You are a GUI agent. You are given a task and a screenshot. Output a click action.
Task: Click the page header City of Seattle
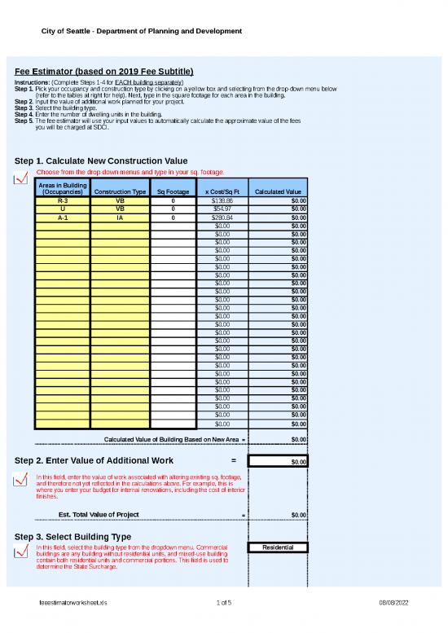tap(142, 31)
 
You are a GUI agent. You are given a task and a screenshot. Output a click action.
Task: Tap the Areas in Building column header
tap(63, 188)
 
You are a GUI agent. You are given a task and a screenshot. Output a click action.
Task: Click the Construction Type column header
tap(120, 191)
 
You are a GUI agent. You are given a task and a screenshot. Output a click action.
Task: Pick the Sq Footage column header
tap(173, 191)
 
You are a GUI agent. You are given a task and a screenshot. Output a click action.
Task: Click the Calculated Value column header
tap(279, 191)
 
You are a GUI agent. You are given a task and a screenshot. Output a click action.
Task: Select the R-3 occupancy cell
tap(63, 200)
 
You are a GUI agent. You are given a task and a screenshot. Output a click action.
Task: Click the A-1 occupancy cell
tap(63, 218)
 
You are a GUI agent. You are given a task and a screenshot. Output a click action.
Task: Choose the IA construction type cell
tap(120, 218)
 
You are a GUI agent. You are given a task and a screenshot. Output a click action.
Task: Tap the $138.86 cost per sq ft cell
tap(222, 200)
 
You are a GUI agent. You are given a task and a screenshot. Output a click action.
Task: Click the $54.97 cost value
tap(222, 209)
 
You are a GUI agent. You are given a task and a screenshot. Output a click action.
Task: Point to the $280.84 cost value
tap(222, 218)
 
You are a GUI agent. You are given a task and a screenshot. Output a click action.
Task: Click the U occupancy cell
tap(63, 209)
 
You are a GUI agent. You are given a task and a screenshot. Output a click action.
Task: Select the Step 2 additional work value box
tap(279, 461)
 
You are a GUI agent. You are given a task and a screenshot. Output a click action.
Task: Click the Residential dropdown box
tap(279, 547)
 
